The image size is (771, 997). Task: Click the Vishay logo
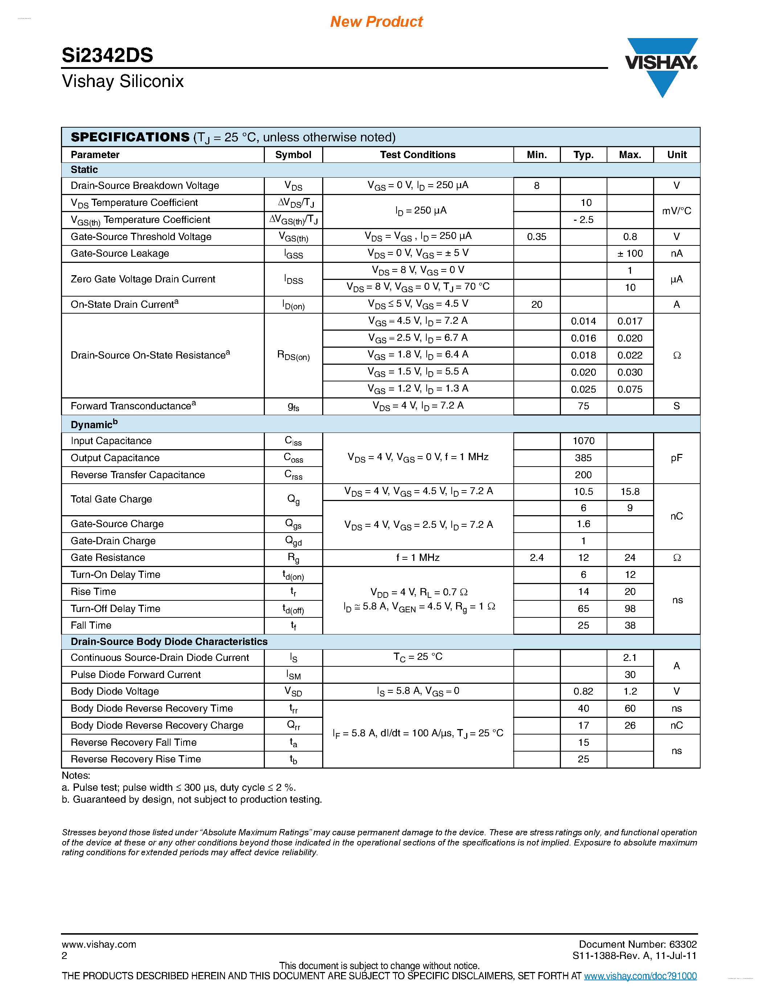(x=661, y=64)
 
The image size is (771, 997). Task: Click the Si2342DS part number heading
(x=107, y=55)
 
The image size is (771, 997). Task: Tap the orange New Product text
(x=376, y=21)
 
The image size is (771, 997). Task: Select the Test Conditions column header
(x=418, y=155)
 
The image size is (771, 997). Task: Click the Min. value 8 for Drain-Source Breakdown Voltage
(x=536, y=186)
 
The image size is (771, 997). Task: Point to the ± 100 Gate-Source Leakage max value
(x=630, y=253)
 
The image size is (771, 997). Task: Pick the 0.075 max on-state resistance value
(x=630, y=389)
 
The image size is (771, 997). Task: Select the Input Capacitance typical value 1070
(x=583, y=441)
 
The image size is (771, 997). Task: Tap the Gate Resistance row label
(x=108, y=557)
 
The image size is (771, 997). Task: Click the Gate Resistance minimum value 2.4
(x=536, y=557)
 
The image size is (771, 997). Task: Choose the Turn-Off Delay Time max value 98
(x=630, y=608)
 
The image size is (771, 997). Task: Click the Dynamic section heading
(x=94, y=425)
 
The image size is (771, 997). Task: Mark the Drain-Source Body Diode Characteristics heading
(x=169, y=641)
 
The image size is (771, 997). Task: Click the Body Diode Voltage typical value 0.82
(x=583, y=691)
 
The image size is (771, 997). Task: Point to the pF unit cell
(x=676, y=458)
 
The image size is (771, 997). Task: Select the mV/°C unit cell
(x=676, y=211)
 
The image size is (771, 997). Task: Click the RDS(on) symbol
(x=293, y=356)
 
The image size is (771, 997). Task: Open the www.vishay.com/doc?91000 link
(x=640, y=976)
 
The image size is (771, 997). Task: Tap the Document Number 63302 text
(x=637, y=944)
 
